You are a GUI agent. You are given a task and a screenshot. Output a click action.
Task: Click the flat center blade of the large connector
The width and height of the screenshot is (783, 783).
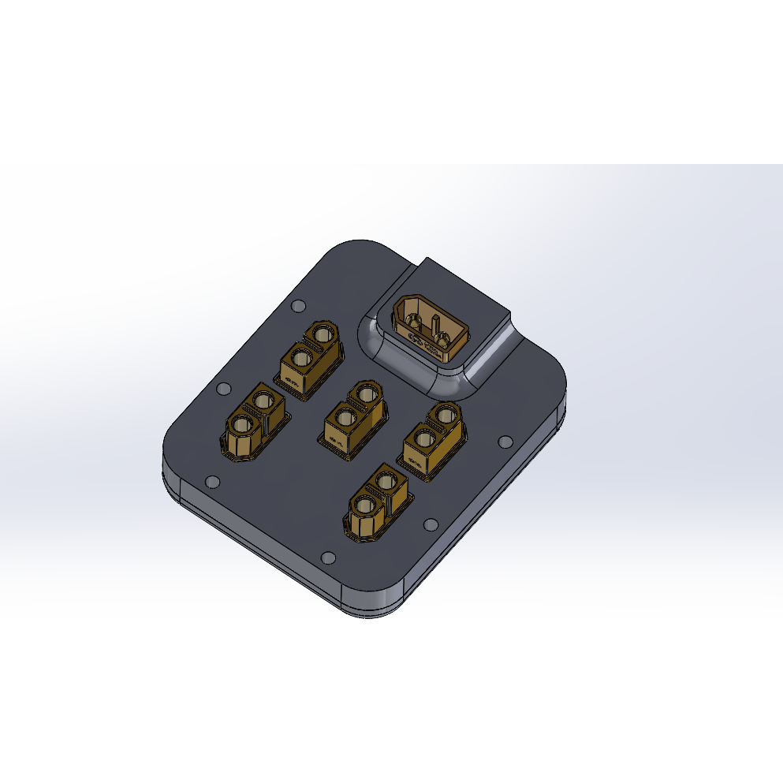tap(434, 325)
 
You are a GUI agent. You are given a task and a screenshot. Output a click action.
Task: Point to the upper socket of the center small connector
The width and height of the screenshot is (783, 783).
tap(365, 392)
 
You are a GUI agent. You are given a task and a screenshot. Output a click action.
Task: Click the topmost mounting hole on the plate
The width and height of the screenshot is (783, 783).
tap(297, 306)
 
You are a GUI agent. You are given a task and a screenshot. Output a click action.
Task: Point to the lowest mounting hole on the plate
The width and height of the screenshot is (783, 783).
tap(328, 558)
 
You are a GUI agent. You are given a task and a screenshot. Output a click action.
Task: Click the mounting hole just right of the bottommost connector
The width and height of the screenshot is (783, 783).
tap(430, 524)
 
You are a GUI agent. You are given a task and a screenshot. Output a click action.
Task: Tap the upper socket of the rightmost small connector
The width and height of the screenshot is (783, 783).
tap(446, 414)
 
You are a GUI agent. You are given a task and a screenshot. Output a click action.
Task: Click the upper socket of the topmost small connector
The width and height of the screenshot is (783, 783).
tap(322, 333)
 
